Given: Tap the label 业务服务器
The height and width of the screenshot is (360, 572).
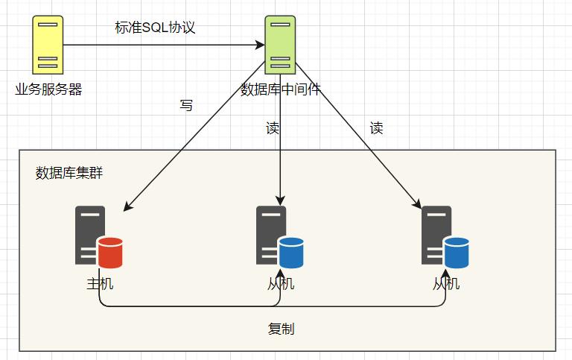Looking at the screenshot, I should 48,90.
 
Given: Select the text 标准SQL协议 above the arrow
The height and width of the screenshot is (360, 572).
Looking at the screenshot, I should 155,28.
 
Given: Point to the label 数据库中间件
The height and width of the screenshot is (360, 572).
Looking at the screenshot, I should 281,90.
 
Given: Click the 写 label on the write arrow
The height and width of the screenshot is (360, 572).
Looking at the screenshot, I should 186,106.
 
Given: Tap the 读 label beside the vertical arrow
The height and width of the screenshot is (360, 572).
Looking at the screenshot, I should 273,128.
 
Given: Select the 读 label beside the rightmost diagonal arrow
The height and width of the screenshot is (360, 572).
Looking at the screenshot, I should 376,128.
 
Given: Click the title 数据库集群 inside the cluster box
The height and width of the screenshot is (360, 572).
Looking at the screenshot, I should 69,174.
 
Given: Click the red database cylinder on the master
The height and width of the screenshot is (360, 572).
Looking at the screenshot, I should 109,253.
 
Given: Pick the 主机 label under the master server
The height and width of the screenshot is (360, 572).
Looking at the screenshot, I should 100,284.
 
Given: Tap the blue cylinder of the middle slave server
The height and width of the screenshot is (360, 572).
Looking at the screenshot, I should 291,253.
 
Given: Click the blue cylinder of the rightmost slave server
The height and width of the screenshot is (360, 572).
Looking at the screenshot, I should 457,253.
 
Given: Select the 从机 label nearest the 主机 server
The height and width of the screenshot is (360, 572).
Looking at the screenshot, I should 281,284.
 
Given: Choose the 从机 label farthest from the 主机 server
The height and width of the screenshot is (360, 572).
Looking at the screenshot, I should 446,284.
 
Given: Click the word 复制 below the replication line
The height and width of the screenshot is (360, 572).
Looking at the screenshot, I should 281,329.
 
